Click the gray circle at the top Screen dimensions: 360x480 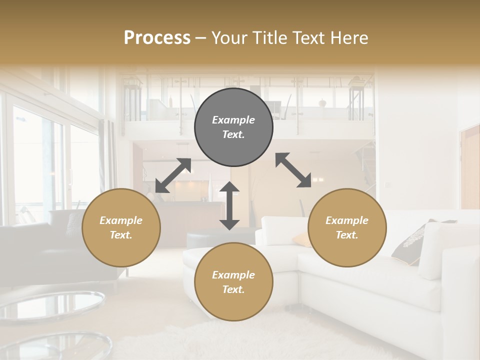tap(233, 127)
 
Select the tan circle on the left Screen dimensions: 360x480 tap(121, 228)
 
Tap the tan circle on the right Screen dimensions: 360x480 tap(347, 228)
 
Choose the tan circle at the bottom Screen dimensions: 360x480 tap(233, 282)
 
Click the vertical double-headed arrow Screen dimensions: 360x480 tap(229, 205)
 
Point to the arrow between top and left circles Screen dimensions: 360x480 tap(173, 175)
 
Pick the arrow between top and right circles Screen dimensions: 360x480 tap(293, 170)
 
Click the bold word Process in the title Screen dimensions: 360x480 tap(157, 37)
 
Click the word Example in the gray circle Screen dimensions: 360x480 tap(233, 120)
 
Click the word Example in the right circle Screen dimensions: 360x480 tap(347, 220)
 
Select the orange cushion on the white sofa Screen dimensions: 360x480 tap(301, 239)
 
